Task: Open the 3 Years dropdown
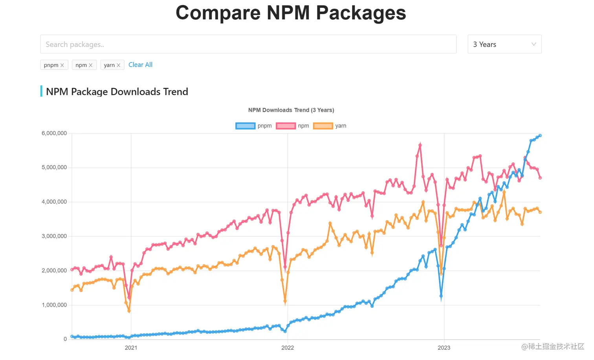point(504,44)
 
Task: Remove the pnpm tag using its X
point(62,65)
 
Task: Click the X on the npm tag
point(90,65)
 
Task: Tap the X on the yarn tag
point(118,65)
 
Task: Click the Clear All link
point(140,65)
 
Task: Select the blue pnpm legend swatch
point(245,126)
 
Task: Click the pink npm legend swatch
point(286,126)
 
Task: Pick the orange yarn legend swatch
point(323,126)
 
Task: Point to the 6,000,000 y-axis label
point(54,133)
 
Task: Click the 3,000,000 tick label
point(54,236)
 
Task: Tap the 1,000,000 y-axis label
point(54,305)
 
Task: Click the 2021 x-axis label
point(131,348)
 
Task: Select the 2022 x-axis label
point(288,348)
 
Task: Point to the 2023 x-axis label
point(444,348)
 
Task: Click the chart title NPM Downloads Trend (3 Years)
point(291,110)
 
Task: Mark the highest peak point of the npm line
point(420,145)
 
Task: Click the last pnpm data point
point(540,136)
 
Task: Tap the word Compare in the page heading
point(218,13)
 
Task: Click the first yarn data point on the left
point(72,290)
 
